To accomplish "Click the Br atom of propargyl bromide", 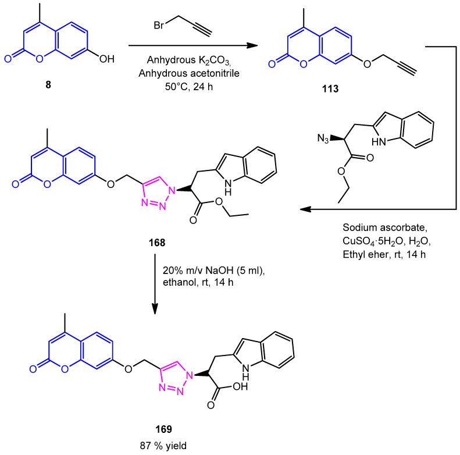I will pos(152,27).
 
